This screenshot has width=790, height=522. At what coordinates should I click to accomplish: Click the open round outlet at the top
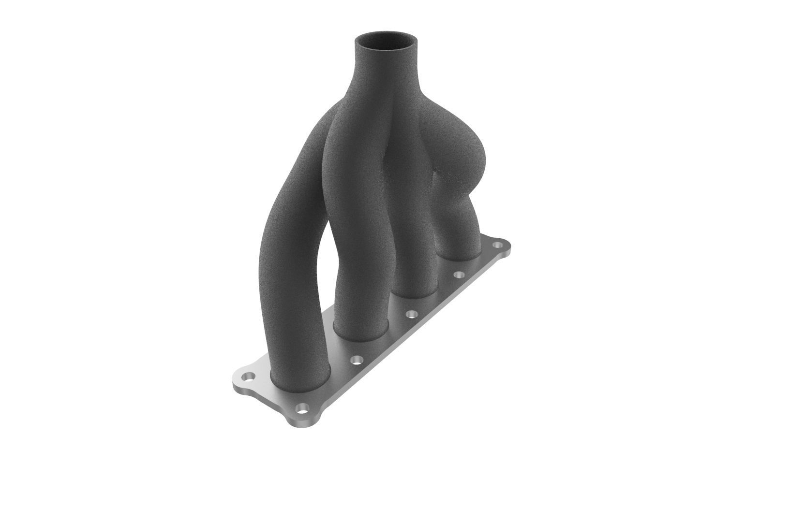pos(386,42)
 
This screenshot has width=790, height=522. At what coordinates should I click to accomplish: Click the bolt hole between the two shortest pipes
pos(458,275)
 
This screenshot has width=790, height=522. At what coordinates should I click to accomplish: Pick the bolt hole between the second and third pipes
pos(411,314)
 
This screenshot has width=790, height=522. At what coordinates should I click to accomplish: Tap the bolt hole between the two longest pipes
pos(357,359)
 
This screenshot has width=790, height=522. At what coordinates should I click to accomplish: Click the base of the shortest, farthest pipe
pos(460,251)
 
